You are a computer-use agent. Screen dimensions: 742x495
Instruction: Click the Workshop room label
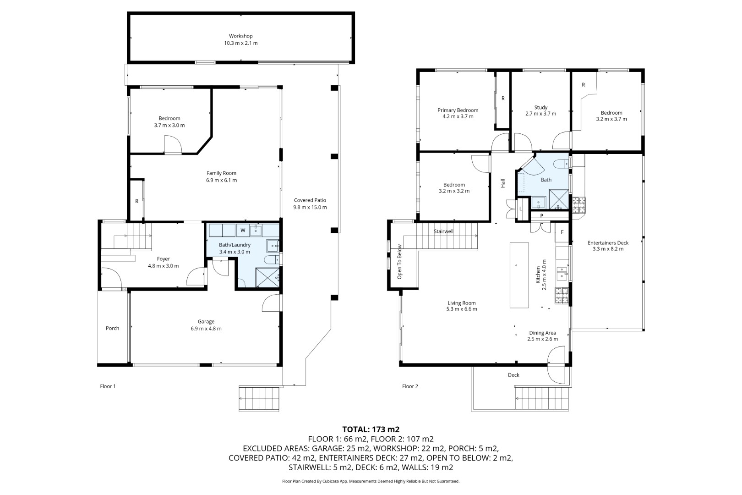(x=240, y=36)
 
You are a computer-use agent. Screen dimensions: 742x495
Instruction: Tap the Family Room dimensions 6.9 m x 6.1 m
(x=221, y=181)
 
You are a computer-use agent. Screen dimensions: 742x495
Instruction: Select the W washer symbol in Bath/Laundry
(x=243, y=231)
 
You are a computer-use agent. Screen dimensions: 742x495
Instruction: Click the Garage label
(x=206, y=322)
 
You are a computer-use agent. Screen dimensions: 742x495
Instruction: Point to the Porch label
(x=112, y=328)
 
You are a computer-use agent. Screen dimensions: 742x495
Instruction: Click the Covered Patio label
(x=310, y=200)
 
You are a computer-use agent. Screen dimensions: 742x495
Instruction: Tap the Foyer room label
(x=164, y=259)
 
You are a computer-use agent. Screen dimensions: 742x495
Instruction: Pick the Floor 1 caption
(x=108, y=386)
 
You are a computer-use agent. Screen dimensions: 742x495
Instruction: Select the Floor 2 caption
(x=410, y=386)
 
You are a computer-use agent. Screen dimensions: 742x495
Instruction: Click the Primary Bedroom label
(x=458, y=110)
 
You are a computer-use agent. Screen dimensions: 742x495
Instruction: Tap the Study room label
(x=540, y=107)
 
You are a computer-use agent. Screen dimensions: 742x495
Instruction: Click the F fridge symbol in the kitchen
(x=562, y=232)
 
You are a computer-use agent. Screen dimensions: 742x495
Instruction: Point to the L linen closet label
(x=521, y=209)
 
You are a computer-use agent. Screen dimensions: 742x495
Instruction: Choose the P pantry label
(x=541, y=215)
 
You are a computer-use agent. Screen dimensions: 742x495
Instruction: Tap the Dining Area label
(x=542, y=333)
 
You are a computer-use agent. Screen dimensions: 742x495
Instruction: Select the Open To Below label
(x=399, y=262)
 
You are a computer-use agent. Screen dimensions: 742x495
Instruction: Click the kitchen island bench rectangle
(x=519, y=275)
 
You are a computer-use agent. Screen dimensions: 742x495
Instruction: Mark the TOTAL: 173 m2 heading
(x=371, y=429)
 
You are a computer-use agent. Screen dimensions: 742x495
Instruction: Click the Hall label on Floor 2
(x=503, y=183)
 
